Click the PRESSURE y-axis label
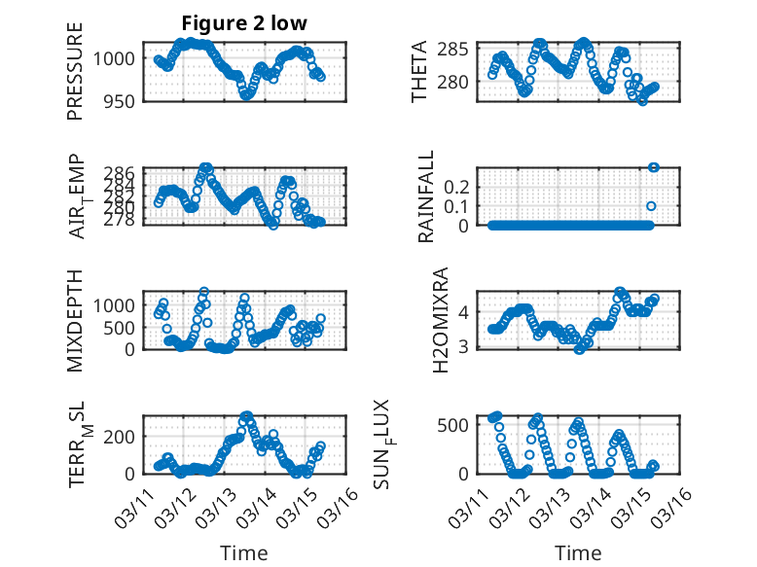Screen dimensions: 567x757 76,72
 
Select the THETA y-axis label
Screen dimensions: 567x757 419,72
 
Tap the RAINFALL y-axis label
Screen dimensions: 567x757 425,196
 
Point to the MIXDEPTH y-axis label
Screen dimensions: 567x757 76,321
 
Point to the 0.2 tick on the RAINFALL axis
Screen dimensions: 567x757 460,186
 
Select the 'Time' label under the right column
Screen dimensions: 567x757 578,553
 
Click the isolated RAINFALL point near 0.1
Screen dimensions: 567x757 651,205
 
